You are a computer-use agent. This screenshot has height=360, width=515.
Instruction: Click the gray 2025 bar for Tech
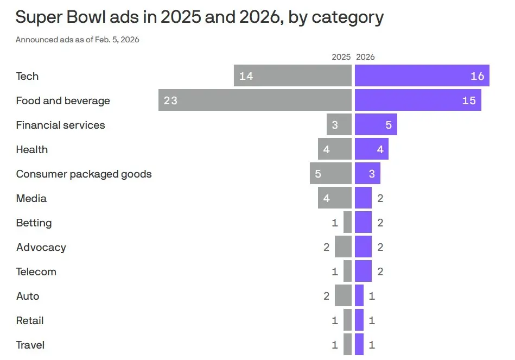293,76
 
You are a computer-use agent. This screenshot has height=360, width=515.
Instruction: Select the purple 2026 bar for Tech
422,76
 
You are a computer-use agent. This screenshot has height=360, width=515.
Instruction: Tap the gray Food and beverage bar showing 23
255,100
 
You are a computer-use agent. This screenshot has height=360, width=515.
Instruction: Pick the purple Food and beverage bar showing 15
418,100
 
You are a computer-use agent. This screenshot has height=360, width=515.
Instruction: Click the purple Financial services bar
376,125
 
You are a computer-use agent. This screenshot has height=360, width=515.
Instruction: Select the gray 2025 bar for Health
335,149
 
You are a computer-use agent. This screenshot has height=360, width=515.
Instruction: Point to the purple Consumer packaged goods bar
367,174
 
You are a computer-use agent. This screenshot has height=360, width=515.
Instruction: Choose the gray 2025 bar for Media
335,198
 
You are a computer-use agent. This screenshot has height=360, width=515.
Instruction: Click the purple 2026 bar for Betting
363,223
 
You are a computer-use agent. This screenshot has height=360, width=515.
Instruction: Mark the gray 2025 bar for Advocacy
343,247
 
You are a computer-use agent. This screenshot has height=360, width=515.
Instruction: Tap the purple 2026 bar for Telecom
363,271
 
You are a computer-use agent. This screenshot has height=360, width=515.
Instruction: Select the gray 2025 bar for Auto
343,296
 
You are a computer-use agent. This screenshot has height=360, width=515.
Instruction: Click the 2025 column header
341,57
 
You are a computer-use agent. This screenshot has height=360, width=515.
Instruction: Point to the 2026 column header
365,57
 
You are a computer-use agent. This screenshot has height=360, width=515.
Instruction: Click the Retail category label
30,320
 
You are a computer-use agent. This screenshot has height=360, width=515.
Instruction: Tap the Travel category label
30,345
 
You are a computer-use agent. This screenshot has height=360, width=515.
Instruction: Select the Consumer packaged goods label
84,174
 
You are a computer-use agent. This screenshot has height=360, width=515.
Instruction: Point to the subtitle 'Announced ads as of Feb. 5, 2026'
77,40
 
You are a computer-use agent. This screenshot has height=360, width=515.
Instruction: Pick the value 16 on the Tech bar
477,76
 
